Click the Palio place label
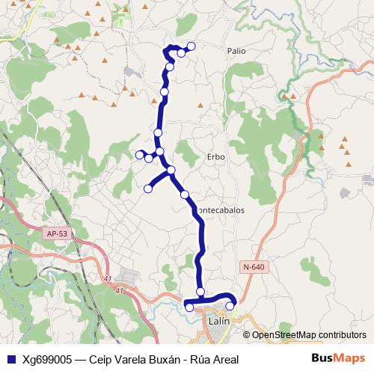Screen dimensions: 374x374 [x=236, y=51]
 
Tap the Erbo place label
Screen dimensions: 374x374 [x=215, y=156]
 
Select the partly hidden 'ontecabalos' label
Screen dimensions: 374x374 [x=221, y=211]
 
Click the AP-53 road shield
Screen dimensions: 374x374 [x=56, y=234]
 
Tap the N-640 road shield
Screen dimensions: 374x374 [x=253, y=267]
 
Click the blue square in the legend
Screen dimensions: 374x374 [x=10, y=359]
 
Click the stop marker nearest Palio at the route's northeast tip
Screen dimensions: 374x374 [x=191, y=46]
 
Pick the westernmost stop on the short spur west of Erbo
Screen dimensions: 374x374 [x=140, y=154]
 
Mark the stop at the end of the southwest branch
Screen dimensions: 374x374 [x=148, y=188]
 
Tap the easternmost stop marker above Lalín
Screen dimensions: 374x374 [x=230, y=305]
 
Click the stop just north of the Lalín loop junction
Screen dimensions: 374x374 [x=200, y=291]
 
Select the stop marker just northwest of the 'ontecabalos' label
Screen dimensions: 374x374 [x=185, y=194]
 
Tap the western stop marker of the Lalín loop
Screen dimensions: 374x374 [x=189, y=307]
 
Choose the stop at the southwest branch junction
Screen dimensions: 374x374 [x=171, y=171]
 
